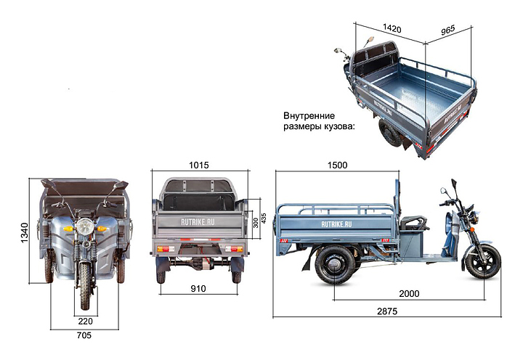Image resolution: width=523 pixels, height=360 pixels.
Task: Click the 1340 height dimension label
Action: tap(25, 233)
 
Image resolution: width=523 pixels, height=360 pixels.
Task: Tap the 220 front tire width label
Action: tap(86, 322)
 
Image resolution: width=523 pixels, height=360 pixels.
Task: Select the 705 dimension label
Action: tap(84, 335)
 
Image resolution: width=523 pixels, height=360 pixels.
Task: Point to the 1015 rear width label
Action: tap(199, 165)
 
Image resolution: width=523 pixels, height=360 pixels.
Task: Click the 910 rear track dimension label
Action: tap(198, 289)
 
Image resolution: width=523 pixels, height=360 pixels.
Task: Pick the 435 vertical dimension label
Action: tap(264, 218)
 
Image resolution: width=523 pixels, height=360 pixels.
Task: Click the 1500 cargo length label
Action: tap(337, 165)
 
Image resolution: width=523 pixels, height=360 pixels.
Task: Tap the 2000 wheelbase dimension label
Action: tap(409, 294)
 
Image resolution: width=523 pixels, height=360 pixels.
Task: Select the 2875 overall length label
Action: tap(387, 311)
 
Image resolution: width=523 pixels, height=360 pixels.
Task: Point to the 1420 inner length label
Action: tap(392, 28)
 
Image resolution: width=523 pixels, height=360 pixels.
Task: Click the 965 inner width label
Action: tap(448, 30)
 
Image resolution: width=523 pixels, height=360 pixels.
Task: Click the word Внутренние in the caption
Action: tap(309, 116)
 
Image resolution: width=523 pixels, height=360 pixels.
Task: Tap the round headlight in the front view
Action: tap(85, 226)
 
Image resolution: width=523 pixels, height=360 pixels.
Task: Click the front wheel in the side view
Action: tap(483, 261)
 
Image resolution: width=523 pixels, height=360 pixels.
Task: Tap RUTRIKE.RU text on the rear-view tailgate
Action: tap(198, 222)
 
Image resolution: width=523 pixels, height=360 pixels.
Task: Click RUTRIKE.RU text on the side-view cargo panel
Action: tap(336, 224)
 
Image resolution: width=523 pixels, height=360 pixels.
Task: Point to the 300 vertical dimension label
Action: tap(256, 223)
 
